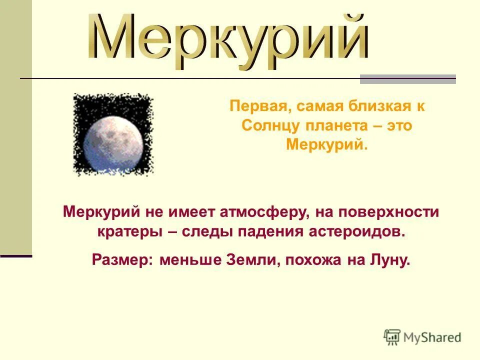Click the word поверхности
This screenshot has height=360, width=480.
[390, 212]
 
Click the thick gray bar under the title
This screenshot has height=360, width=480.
[408, 79]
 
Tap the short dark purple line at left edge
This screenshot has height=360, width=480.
[16, 256]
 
